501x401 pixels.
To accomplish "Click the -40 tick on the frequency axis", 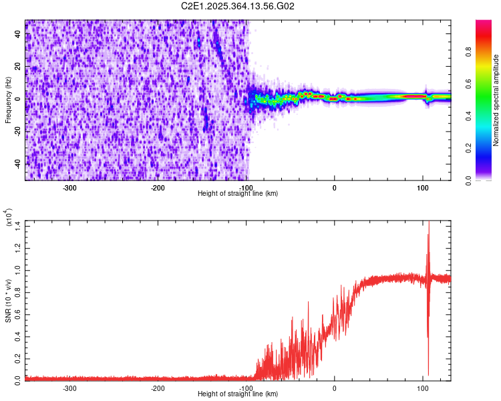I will tap(17, 163).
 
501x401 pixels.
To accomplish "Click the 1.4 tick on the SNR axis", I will tap(19, 228).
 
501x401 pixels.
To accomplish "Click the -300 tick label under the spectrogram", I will tap(69, 187).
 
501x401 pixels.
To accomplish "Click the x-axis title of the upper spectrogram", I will tap(238, 194).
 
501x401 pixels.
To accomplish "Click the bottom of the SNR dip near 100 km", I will tap(428, 374).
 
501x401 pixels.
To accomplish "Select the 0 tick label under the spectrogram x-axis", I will tap(335, 187).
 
